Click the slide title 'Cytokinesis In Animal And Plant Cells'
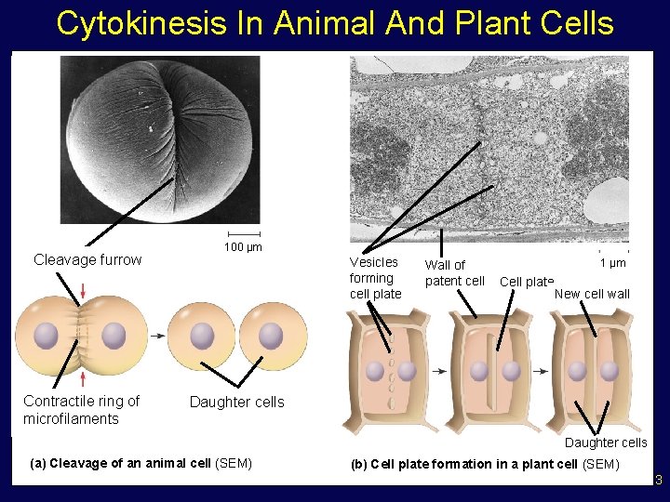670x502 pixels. click(335, 23)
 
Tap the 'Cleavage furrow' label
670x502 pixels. click(87, 259)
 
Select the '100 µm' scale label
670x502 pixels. click(243, 247)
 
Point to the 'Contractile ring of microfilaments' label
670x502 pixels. click(81, 410)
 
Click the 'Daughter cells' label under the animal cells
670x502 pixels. click(236, 402)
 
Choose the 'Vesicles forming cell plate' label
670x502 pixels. click(375, 278)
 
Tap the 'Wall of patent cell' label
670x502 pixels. click(454, 273)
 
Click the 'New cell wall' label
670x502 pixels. click(592, 294)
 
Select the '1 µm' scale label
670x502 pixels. click(613, 264)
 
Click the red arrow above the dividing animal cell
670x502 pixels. click(84, 292)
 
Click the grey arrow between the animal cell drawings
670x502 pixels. click(159, 336)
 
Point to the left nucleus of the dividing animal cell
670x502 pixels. click(47, 336)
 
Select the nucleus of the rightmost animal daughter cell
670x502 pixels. click(271, 336)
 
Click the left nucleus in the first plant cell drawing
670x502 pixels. click(375, 371)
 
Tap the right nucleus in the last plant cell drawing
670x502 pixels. click(610, 371)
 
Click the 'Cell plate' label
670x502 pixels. click(526, 282)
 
